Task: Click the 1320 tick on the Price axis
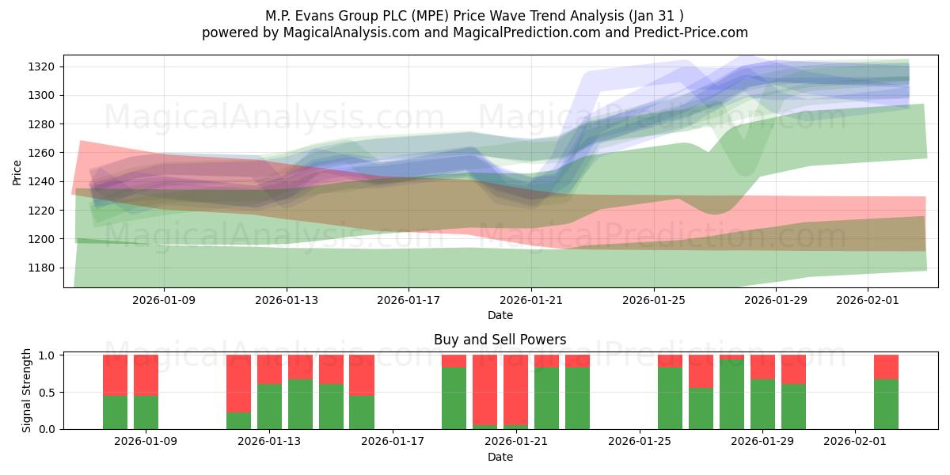point(44,66)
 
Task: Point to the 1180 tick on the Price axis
point(44,268)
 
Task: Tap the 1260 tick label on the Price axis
point(44,153)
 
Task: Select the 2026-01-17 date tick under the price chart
point(408,300)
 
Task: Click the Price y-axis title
point(17,171)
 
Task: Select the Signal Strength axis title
point(27,390)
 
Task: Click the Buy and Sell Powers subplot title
point(500,340)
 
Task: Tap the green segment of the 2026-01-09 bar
point(146,412)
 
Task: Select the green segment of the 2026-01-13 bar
point(269,406)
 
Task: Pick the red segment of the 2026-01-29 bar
point(762,367)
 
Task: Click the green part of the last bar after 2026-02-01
point(886,404)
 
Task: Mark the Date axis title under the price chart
point(500,315)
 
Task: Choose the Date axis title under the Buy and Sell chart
point(500,457)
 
